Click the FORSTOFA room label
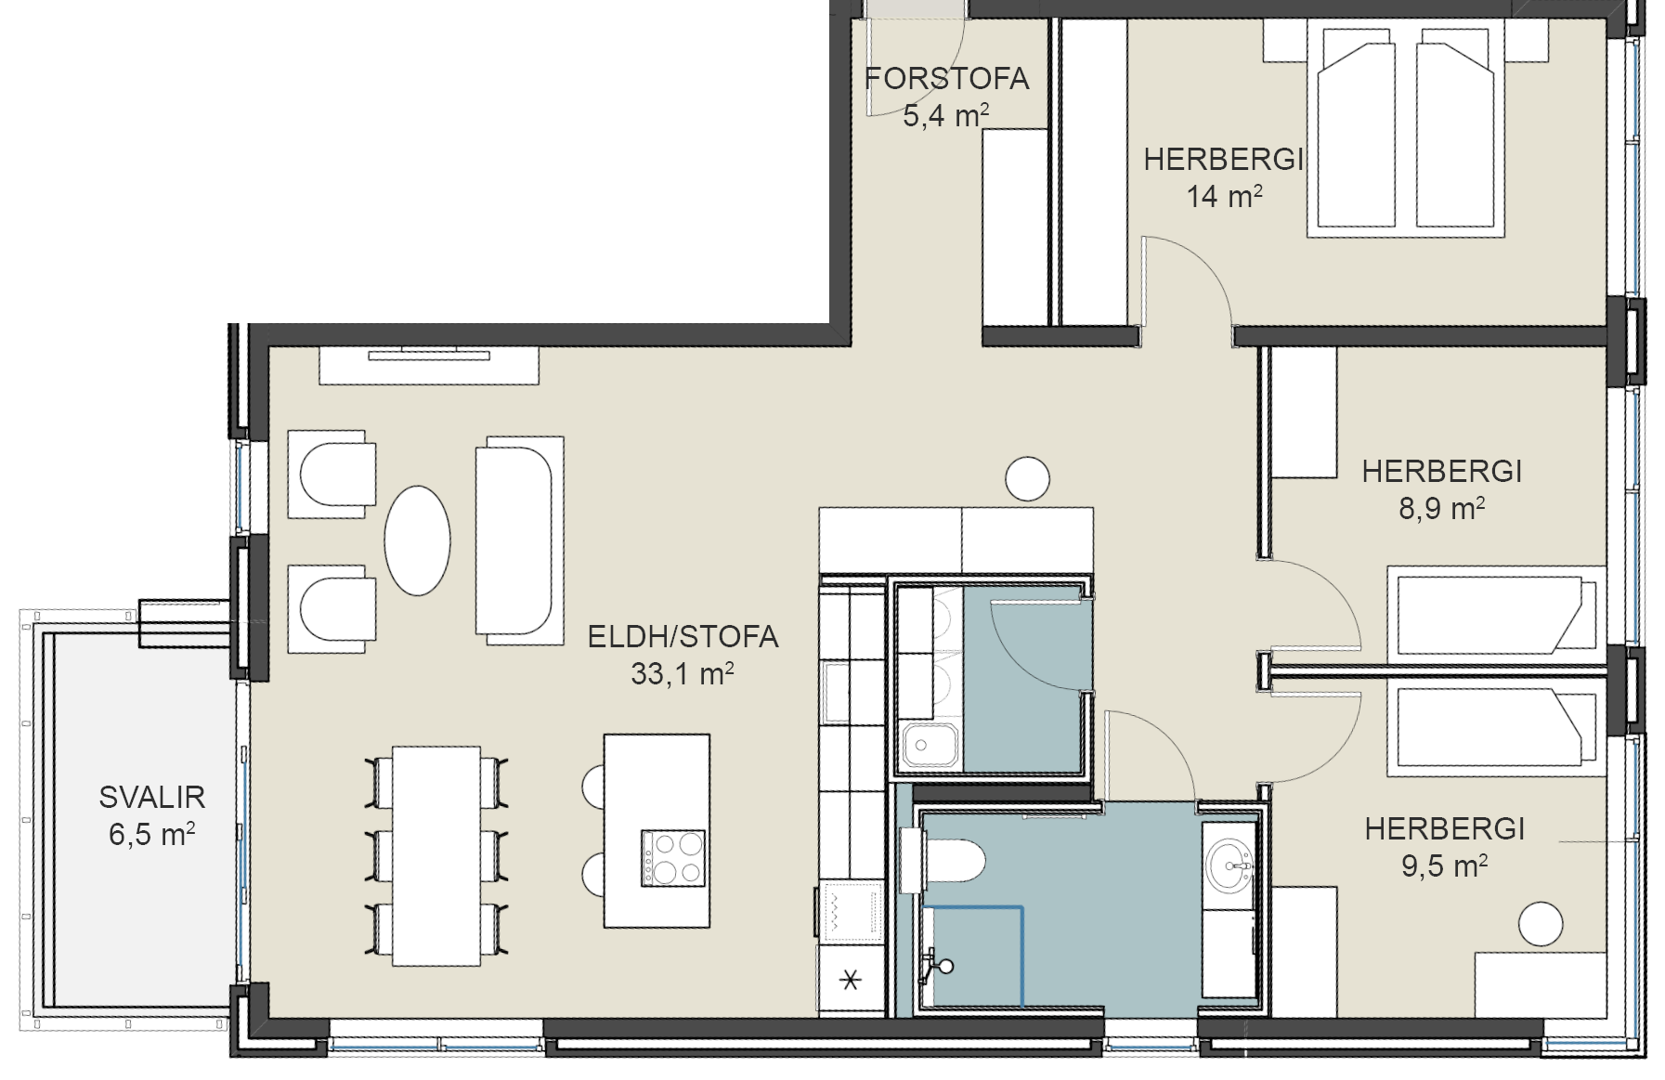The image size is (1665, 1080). pyautogui.click(x=946, y=79)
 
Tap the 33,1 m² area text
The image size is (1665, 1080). pyautogui.click(x=683, y=673)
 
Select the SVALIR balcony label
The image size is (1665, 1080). pyautogui.click(x=152, y=797)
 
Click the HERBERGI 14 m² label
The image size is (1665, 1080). pyautogui.click(x=1224, y=177)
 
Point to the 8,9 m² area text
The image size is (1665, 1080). pyautogui.click(x=1441, y=508)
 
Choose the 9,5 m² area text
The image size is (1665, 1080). pyautogui.click(x=1444, y=865)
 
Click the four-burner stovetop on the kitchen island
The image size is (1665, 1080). pyautogui.click(x=673, y=858)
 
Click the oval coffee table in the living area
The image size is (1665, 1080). pyautogui.click(x=418, y=540)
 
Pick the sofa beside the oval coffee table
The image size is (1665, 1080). pyautogui.click(x=519, y=540)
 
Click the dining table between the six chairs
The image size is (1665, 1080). pyautogui.click(x=436, y=855)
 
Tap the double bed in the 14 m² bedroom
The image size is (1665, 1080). pyautogui.click(x=1405, y=128)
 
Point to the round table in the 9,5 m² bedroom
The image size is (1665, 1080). pyautogui.click(x=1541, y=924)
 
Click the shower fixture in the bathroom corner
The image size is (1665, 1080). pyautogui.click(x=936, y=966)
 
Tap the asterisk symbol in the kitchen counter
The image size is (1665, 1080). pyautogui.click(x=850, y=979)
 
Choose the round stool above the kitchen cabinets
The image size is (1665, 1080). pyautogui.click(x=1027, y=479)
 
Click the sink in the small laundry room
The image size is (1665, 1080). pyautogui.click(x=929, y=745)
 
